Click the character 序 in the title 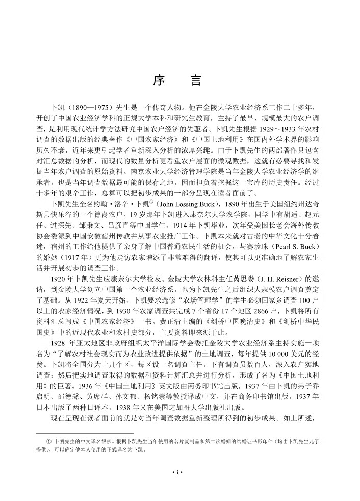pos(157,81)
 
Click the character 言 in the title pos(196,81)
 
